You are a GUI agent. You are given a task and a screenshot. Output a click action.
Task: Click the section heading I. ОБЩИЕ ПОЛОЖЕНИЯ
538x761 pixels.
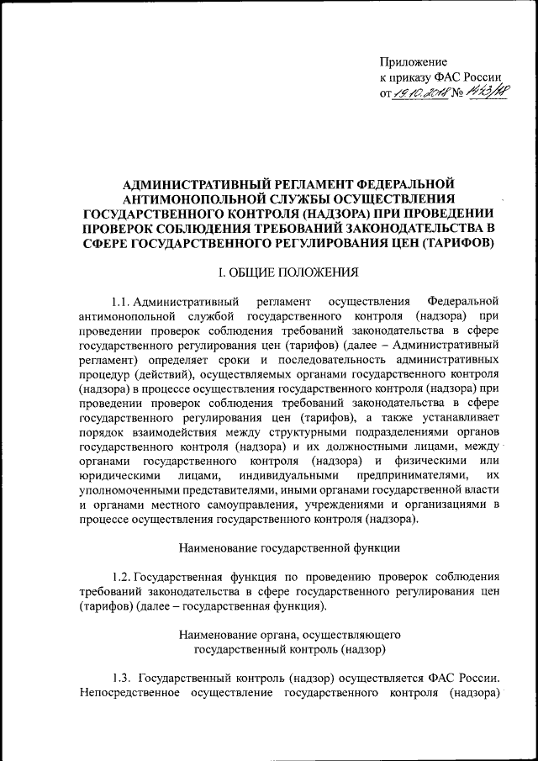click(x=288, y=272)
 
